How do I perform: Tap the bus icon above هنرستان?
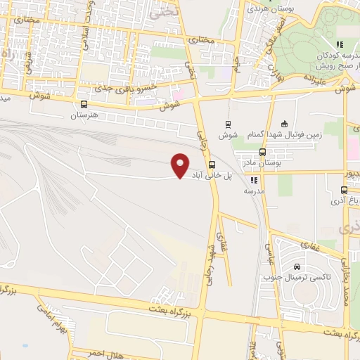pos(84,103)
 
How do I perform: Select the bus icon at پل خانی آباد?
pos(212,167)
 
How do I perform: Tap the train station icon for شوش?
pos(227,123)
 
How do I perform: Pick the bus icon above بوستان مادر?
pos(263,152)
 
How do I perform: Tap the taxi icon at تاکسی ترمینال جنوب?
pos(297,267)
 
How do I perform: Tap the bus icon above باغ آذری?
pos(344,190)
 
